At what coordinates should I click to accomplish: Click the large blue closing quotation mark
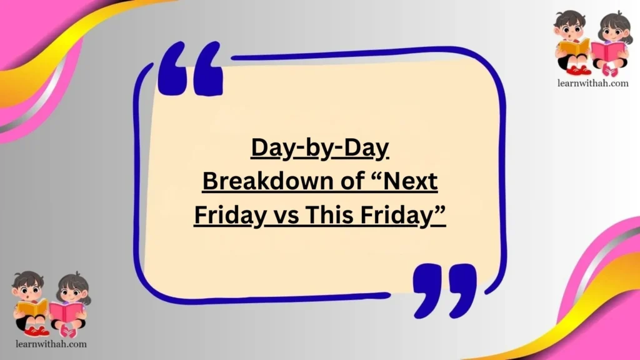point(445,289)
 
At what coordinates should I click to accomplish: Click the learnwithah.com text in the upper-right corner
point(592,83)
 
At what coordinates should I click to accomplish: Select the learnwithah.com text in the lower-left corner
point(50,343)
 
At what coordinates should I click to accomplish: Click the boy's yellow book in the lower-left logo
point(32,308)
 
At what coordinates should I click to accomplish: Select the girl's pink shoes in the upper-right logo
point(610,71)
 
